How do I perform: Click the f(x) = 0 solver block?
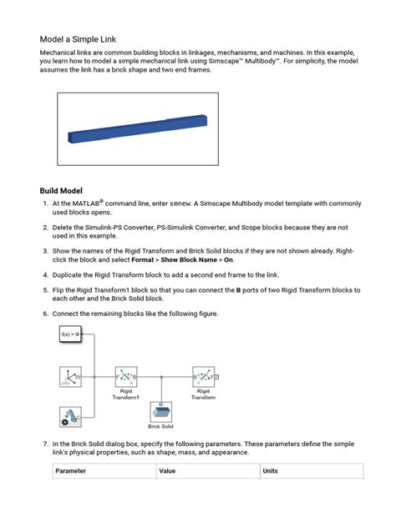click(70, 334)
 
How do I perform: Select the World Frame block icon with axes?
click(70, 377)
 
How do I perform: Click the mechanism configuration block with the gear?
click(70, 415)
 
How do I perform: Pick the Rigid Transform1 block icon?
click(126, 377)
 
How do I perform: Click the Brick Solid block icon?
click(160, 412)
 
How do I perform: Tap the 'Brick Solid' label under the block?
click(160, 427)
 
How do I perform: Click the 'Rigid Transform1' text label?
click(126, 394)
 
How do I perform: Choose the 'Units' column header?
click(271, 471)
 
